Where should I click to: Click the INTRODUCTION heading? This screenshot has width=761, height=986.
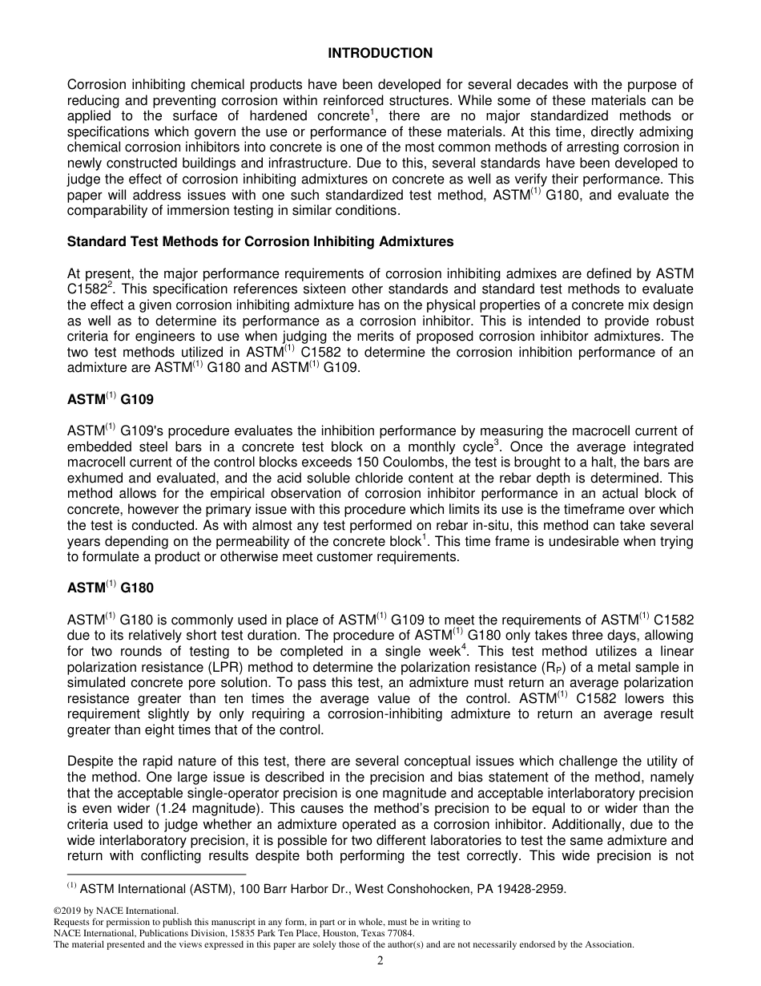coord(380,53)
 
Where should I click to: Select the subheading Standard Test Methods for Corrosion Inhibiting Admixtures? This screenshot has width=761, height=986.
coord(260,241)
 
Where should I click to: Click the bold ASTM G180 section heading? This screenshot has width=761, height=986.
coord(110,588)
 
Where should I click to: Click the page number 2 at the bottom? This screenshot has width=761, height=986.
coord(380,962)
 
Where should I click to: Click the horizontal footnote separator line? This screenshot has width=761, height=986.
coord(156,875)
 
